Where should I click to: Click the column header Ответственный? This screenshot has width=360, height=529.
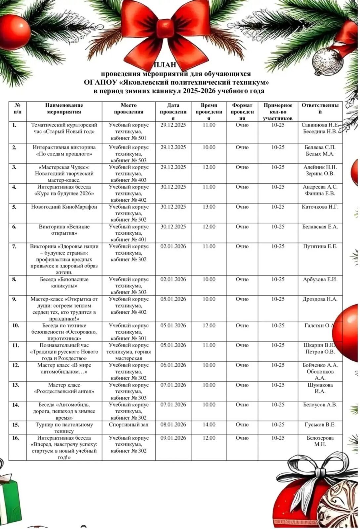(320, 108)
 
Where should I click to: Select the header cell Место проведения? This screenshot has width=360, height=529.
(129, 108)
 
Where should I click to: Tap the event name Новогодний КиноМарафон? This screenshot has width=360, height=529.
(64, 207)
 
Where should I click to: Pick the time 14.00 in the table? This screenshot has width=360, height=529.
(209, 425)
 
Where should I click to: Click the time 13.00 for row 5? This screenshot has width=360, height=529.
(209, 207)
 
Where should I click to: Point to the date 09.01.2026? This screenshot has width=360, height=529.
(173, 438)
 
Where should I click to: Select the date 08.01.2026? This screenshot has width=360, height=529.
(173, 425)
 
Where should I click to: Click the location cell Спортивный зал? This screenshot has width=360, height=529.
(129, 425)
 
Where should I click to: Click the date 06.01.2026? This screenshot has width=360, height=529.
(173, 365)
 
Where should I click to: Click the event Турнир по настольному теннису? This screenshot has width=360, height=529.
(64, 428)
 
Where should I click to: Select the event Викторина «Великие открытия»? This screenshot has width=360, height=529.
(64, 230)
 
